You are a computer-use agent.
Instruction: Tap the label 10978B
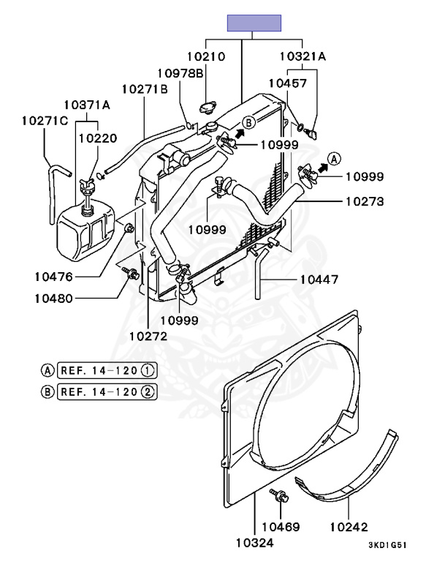(x=180, y=72)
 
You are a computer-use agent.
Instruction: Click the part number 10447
(x=319, y=279)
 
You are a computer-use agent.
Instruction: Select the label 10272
(x=148, y=337)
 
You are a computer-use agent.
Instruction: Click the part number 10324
(x=255, y=542)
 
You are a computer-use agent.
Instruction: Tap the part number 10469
(x=281, y=525)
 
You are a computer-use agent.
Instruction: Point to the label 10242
(x=349, y=525)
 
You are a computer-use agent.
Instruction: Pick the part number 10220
(x=97, y=137)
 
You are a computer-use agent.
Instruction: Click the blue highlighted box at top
(x=254, y=23)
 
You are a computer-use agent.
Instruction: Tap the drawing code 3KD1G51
(x=388, y=544)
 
